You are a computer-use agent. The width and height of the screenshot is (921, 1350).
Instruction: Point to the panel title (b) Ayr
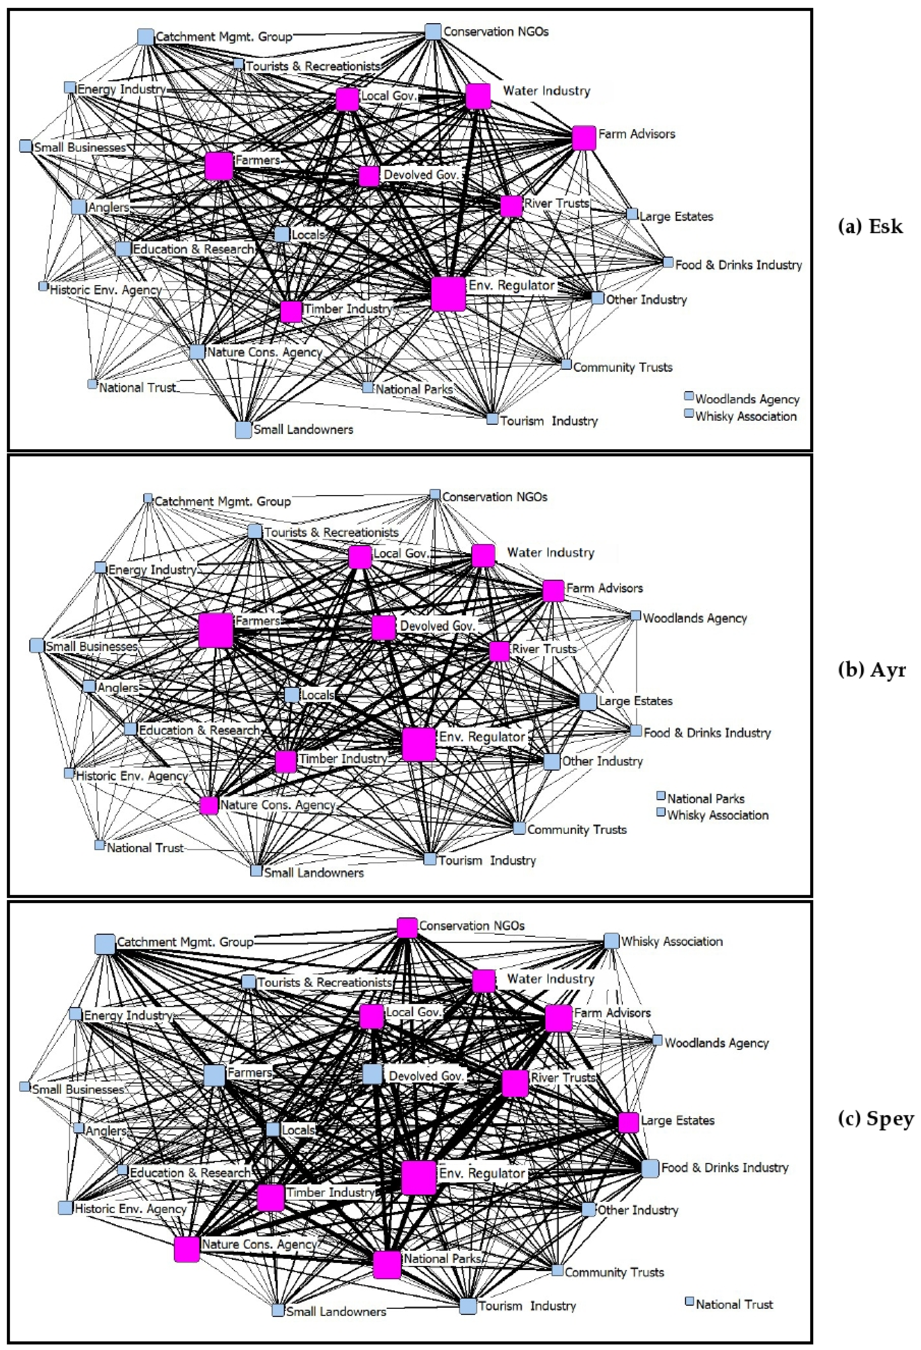tap(871, 670)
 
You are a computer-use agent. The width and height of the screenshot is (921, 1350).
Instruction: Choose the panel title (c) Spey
tap(875, 1118)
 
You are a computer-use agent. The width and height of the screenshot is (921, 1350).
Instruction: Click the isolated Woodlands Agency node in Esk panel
tap(689, 396)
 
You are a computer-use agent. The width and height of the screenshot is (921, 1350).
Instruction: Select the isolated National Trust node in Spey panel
tap(689, 1301)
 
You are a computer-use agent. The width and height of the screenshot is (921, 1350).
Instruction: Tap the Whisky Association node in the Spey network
tap(611, 941)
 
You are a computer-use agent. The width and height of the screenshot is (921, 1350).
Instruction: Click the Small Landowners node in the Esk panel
tap(243, 429)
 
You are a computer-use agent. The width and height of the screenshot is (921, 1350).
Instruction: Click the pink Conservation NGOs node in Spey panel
tap(407, 928)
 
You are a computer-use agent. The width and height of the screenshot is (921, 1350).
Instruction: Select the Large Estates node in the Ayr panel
tap(588, 701)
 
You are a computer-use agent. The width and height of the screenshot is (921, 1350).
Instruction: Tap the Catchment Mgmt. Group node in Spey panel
tap(105, 944)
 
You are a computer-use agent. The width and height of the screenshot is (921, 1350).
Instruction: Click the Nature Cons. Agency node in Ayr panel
tap(209, 805)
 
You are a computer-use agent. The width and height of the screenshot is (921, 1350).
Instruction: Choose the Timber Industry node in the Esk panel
tap(291, 311)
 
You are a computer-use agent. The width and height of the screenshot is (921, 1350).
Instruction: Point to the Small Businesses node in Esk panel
tap(25, 146)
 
